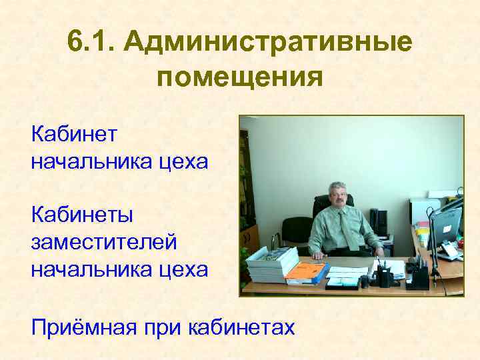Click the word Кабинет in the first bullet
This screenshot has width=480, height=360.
click(73, 135)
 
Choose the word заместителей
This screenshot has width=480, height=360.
click(103, 243)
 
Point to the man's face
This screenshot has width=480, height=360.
click(339, 197)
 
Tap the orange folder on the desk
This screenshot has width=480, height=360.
click(306, 271)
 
